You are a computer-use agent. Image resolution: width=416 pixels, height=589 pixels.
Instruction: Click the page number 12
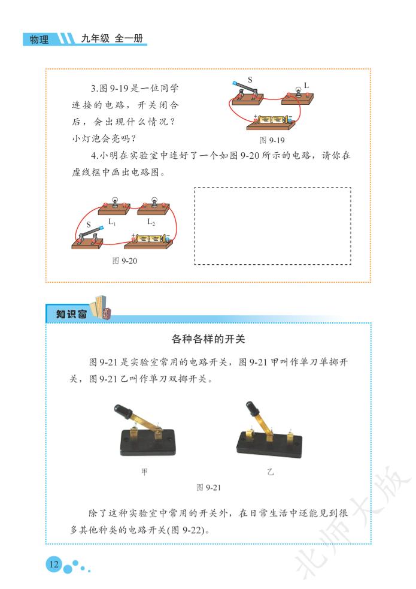(x=54, y=564)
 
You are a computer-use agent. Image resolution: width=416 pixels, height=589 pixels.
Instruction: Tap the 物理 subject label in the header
(x=39, y=40)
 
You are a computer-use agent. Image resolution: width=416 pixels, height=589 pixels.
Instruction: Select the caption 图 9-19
(x=272, y=140)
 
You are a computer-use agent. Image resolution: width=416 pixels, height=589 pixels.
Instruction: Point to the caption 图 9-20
(x=125, y=261)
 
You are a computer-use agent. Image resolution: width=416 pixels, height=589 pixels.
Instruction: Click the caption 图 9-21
(x=208, y=488)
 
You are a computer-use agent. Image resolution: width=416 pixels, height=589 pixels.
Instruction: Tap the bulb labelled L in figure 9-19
(x=299, y=91)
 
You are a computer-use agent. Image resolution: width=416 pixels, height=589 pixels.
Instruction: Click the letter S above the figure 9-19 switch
(x=250, y=80)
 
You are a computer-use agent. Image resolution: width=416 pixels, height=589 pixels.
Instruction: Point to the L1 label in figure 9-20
(x=112, y=222)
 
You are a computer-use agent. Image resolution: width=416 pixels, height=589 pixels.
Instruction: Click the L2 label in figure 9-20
(x=151, y=222)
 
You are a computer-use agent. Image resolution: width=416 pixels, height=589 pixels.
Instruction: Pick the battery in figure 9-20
(x=151, y=238)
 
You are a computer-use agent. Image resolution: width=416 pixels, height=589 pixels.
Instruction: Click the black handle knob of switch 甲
(x=123, y=410)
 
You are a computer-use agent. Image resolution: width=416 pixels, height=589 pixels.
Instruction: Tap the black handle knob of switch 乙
(x=252, y=408)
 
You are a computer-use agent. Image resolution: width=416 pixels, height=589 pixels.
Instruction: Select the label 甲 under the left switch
(x=144, y=472)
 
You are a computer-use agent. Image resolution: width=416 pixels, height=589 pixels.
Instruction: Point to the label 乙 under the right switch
(x=271, y=472)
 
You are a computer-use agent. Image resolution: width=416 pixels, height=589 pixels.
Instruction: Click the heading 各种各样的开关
(x=208, y=339)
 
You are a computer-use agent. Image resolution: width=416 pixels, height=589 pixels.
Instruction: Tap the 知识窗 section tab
(x=71, y=313)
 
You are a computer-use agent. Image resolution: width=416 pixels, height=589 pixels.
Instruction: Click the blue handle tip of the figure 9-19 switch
(x=235, y=83)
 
